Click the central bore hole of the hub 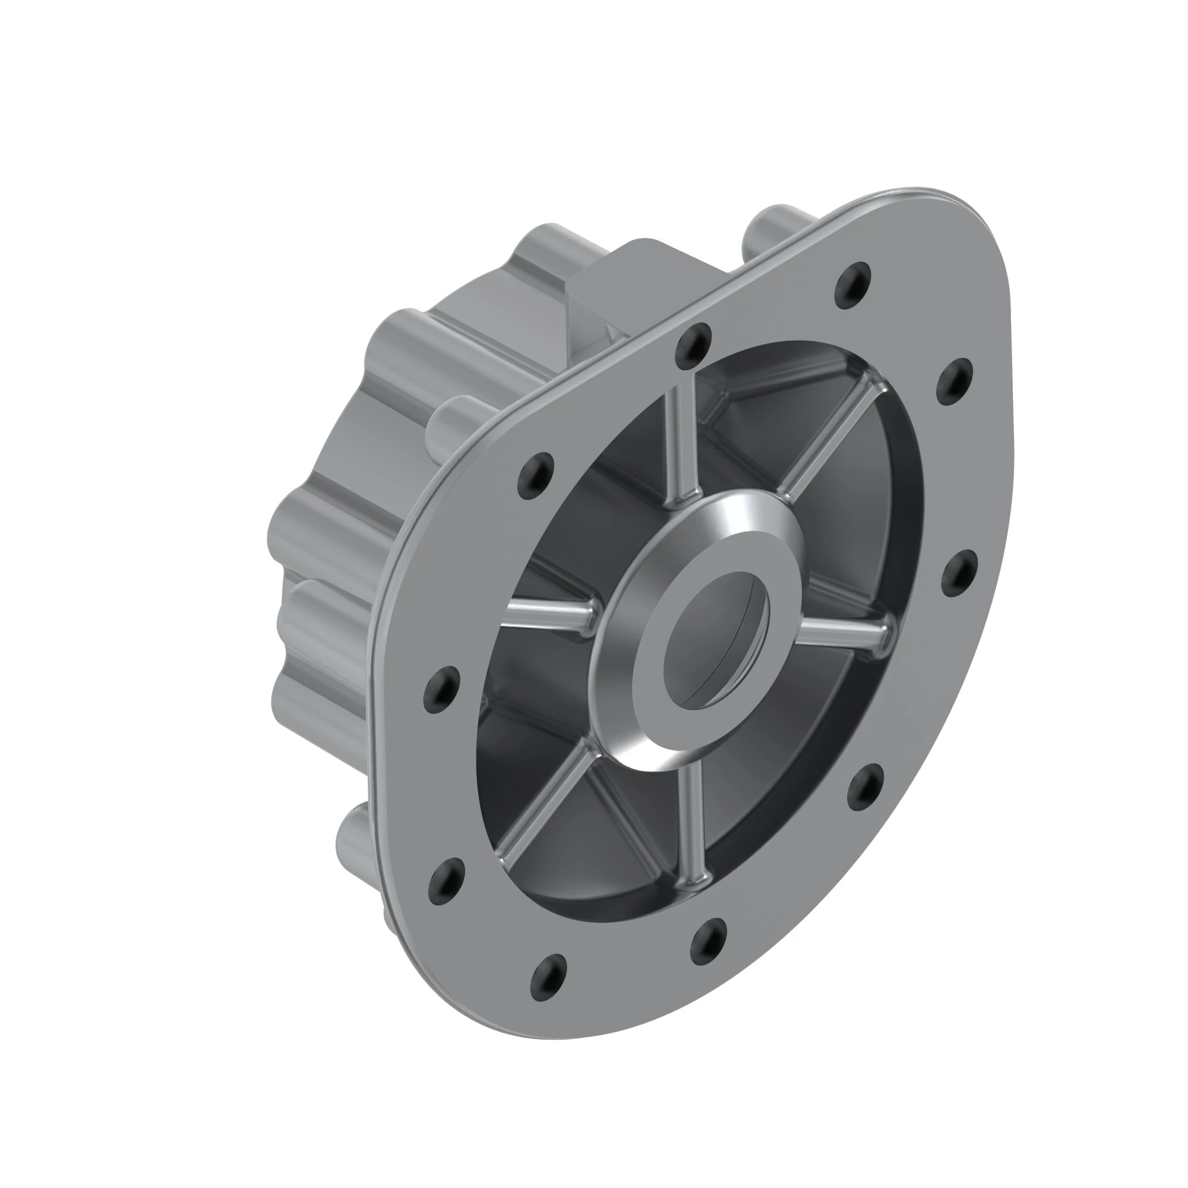(717, 639)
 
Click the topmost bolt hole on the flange (853, 284)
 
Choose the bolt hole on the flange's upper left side (536, 475)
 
